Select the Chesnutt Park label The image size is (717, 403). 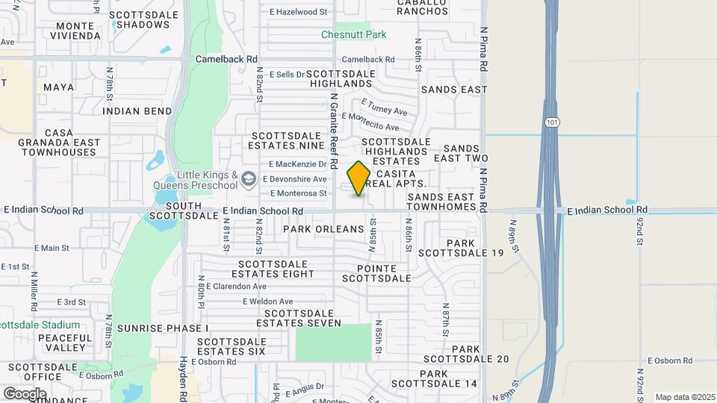pyautogui.click(x=353, y=34)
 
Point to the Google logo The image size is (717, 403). pyautogui.click(x=24, y=393)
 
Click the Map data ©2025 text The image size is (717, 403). pyautogui.click(x=685, y=397)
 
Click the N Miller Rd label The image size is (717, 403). pyautogui.click(x=34, y=290)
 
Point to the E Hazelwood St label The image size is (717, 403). pyautogui.click(x=298, y=12)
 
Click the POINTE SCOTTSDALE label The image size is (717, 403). pyautogui.click(x=376, y=273)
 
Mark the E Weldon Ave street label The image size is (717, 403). pyautogui.click(x=267, y=301)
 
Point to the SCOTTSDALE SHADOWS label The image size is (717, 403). pyautogui.click(x=143, y=19)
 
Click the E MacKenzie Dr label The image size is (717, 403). pyautogui.click(x=298, y=163)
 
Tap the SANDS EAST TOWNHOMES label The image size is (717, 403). pyautogui.click(x=441, y=201)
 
